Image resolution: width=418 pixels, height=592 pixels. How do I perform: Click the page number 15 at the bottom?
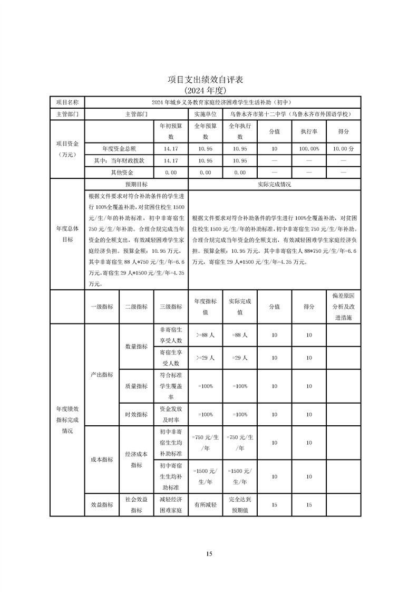coord(209,553)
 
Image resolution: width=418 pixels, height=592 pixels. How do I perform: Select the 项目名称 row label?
coord(67,102)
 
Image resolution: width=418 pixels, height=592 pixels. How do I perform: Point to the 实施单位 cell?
coord(205,113)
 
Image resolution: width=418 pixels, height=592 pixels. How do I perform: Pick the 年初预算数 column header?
coord(170,131)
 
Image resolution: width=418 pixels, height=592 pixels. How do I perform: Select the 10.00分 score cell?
coord(343,149)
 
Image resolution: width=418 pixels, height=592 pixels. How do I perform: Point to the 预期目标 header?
coord(136,185)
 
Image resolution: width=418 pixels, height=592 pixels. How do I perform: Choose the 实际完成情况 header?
coord(274,185)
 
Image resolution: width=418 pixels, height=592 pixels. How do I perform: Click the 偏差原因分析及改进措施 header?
coord(343,305)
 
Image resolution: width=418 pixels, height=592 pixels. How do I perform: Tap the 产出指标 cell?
coord(102,374)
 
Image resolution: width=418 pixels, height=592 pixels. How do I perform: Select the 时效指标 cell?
coord(136,414)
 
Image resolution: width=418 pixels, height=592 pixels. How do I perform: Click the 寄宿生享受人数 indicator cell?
coord(170,358)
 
